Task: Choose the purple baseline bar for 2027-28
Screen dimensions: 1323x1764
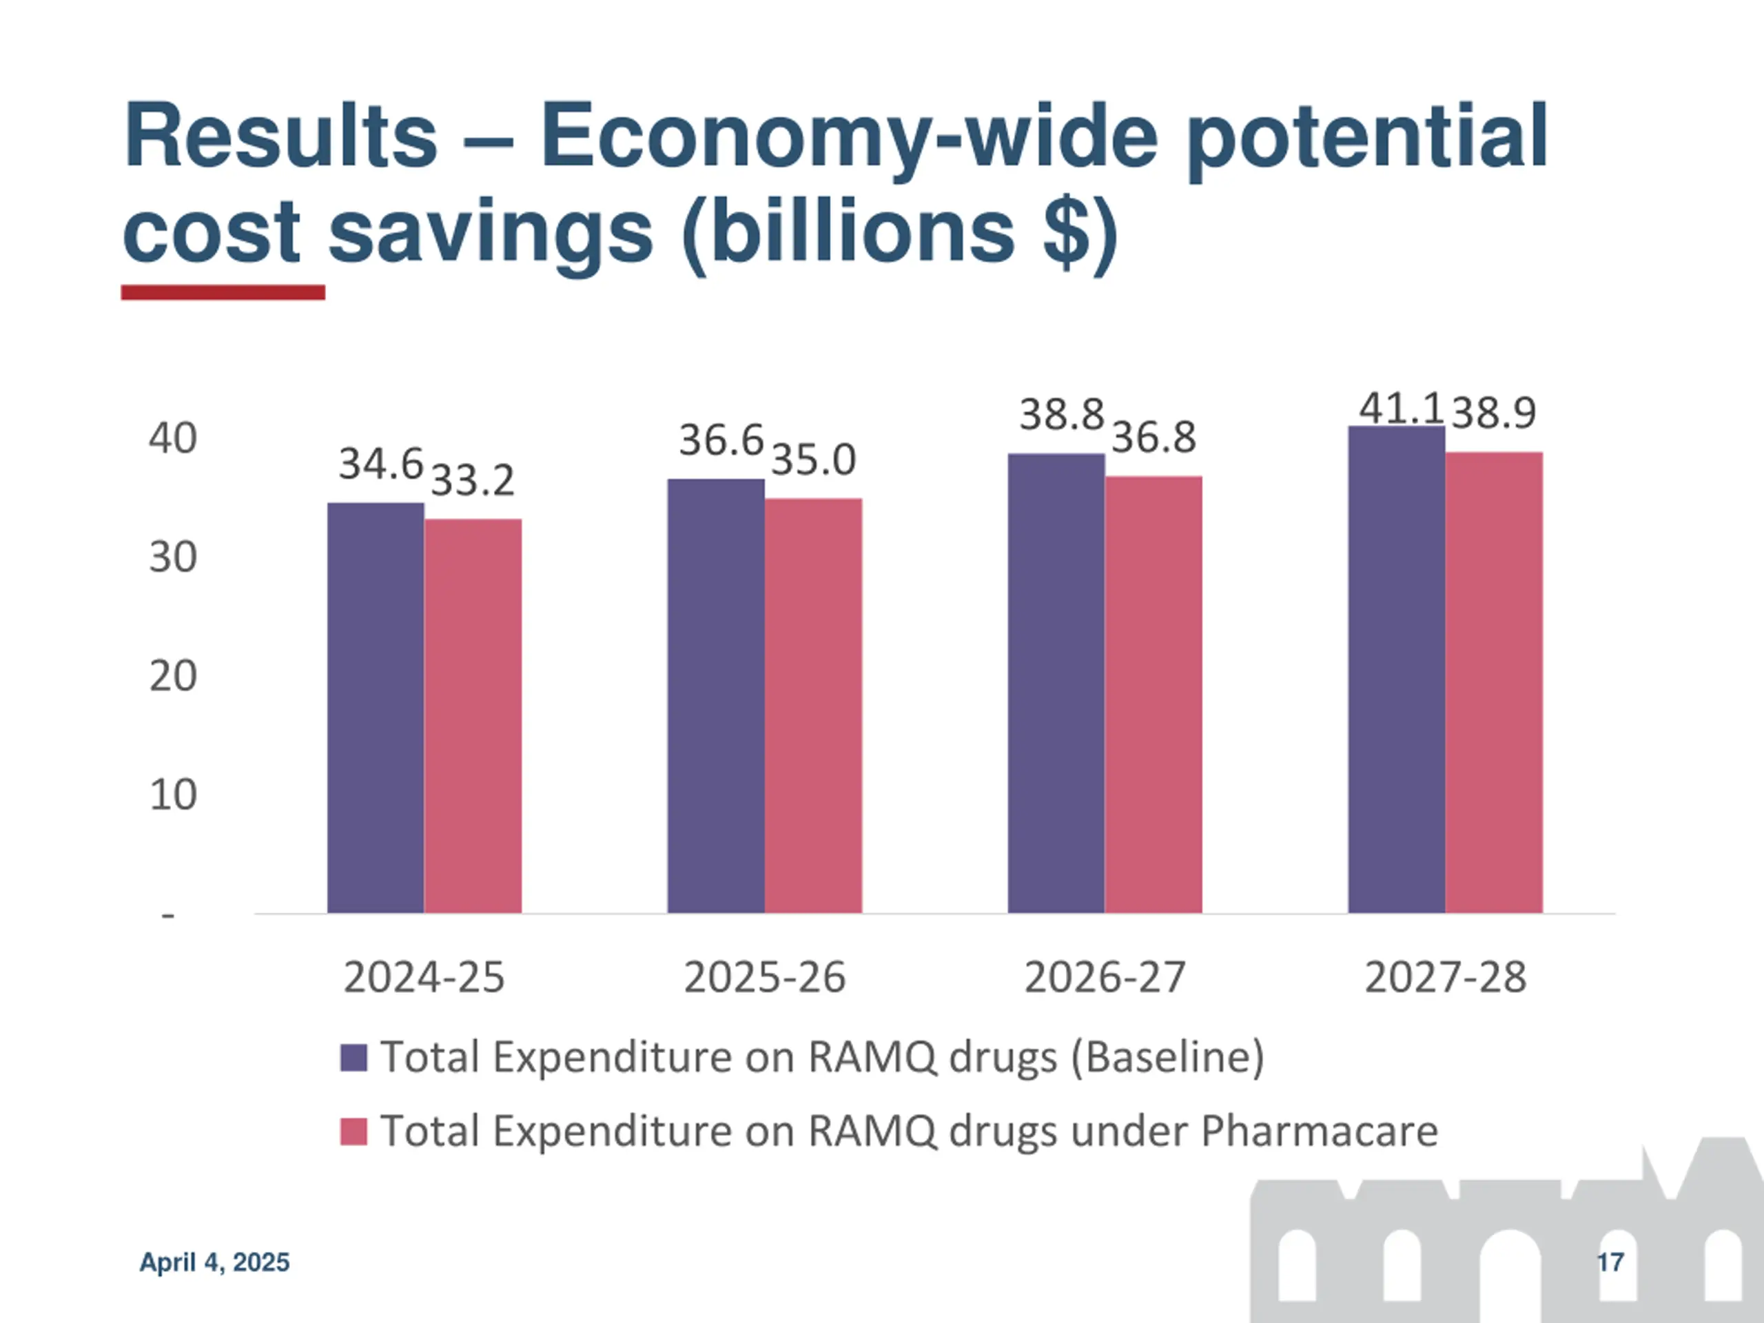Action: coord(1396,669)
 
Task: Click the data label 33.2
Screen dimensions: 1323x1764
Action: coord(473,480)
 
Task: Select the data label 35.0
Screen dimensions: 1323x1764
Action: coord(813,460)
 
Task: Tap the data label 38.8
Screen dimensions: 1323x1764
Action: coord(1061,415)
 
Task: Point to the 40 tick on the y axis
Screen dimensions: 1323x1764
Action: coord(172,439)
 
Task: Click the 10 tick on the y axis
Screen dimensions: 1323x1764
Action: coord(172,795)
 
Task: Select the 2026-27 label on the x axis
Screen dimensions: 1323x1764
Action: coord(1105,977)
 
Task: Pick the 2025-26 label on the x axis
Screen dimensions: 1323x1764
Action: coord(764,977)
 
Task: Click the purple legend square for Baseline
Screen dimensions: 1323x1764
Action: coord(353,1058)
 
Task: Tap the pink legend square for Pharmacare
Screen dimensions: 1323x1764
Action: coord(353,1131)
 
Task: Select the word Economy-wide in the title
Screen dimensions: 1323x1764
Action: coord(848,137)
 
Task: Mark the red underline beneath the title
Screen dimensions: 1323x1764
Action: coord(223,293)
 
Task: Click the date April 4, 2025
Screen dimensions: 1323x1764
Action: coord(214,1262)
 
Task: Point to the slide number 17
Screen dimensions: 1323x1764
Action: coord(1610,1262)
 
